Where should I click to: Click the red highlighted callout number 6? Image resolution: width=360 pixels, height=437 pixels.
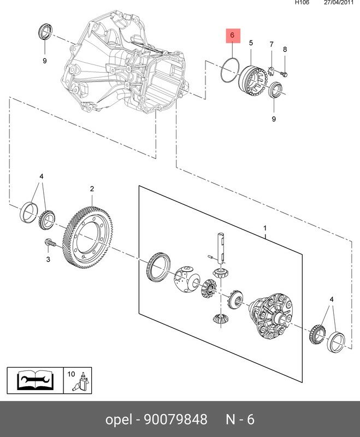(232, 37)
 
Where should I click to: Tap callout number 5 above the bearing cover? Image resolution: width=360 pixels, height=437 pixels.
(251, 43)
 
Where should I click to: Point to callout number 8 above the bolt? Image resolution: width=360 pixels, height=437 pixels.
(284, 50)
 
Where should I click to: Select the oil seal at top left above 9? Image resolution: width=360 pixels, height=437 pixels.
(43, 32)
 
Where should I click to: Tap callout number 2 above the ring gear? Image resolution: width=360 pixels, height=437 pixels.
(92, 189)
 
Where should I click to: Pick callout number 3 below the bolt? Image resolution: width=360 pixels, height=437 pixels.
(48, 259)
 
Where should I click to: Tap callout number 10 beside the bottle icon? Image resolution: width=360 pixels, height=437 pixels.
(71, 374)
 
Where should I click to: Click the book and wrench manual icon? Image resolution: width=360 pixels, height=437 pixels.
(33, 381)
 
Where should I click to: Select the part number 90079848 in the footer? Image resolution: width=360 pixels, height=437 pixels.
(175, 420)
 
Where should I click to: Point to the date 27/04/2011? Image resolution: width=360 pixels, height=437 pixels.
(339, 3)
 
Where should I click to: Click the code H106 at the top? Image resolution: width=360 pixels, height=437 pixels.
(302, 3)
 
